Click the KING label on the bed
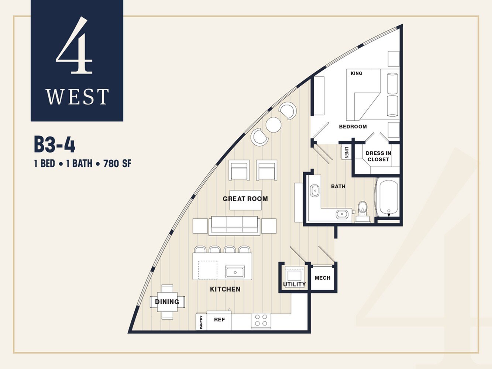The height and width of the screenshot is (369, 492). [x=356, y=73]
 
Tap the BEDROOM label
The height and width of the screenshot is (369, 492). [x=353, y=127]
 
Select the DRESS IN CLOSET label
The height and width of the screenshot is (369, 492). [x=378, y=156]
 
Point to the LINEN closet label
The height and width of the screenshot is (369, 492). [x=346, y=152]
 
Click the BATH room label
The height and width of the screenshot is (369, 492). [x=338, y=186]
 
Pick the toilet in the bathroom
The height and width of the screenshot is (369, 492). [x=363, y=210]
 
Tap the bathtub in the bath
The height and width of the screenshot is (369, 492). [x=388, y=197]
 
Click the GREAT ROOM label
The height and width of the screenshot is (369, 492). [x=245, y=199]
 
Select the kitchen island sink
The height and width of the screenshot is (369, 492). [x=235, y=272]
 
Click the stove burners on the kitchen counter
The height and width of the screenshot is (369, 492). [x=261, y=320]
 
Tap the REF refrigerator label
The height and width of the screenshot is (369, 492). [x=219, y=320]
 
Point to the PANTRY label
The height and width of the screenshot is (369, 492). [x=201, y=322]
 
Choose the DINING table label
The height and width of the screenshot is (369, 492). [x=167, y=302]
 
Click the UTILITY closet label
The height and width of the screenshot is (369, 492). [x=294, y=284]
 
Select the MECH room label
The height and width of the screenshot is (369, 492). [x=322, y=278]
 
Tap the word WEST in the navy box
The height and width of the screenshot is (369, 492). [x=77, y=97]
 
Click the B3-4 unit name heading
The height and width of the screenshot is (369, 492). [x=55, y=145]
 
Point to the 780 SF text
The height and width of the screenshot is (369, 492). [x=117, y=163]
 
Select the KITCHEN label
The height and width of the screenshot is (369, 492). [x=225, y=289]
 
